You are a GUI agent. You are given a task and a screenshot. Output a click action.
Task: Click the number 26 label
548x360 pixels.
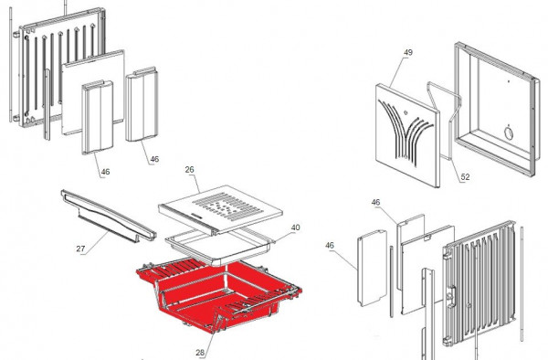[190, 169]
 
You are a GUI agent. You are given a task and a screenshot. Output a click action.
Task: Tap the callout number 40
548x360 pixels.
[295, 228]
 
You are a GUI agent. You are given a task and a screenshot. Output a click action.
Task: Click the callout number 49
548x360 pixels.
[407, 53]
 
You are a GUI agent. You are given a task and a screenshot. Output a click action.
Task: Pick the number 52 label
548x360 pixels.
[465, 177]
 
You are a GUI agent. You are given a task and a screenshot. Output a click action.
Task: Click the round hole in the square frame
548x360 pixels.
[506, 134]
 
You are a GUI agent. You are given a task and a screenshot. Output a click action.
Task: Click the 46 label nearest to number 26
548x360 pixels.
[153, 159]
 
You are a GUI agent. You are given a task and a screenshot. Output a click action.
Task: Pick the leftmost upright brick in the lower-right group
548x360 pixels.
[370, 270]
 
